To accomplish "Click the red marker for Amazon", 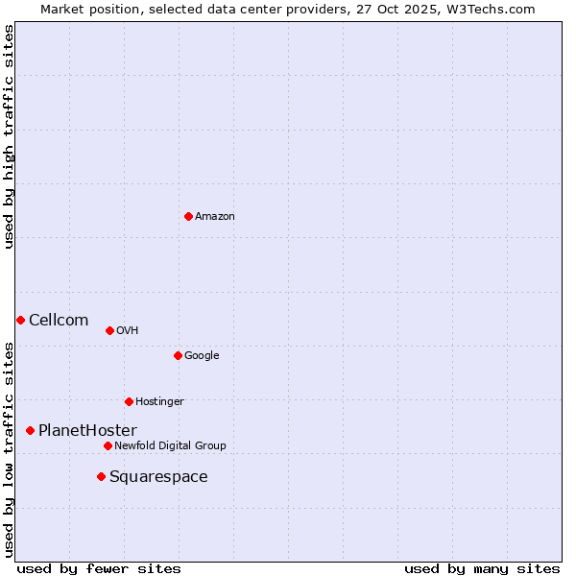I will click(188, 216).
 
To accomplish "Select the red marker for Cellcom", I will click(20, 320).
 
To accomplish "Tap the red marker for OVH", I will click(109, 330).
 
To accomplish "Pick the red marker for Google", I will click(178, 355).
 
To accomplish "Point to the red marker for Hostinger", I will click(129, 401).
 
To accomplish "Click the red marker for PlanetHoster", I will click(30, 430).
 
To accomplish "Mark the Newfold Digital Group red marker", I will click(108, 445).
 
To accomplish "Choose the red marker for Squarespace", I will click(101, 476).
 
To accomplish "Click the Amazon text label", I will click(215, 217).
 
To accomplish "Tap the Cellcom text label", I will click(59, 321).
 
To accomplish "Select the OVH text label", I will click(128, 331).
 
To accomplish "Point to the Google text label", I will click(202, 356).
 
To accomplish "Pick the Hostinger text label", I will click(159, 402).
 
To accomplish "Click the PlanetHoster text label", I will click(87, 431).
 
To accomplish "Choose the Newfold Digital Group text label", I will click(170, 446).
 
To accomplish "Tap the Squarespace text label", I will click(158, 477).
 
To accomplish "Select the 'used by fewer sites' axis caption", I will click(99, 568).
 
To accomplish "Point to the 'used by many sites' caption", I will click(482, 568).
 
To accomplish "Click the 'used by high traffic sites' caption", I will click(10, 136).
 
